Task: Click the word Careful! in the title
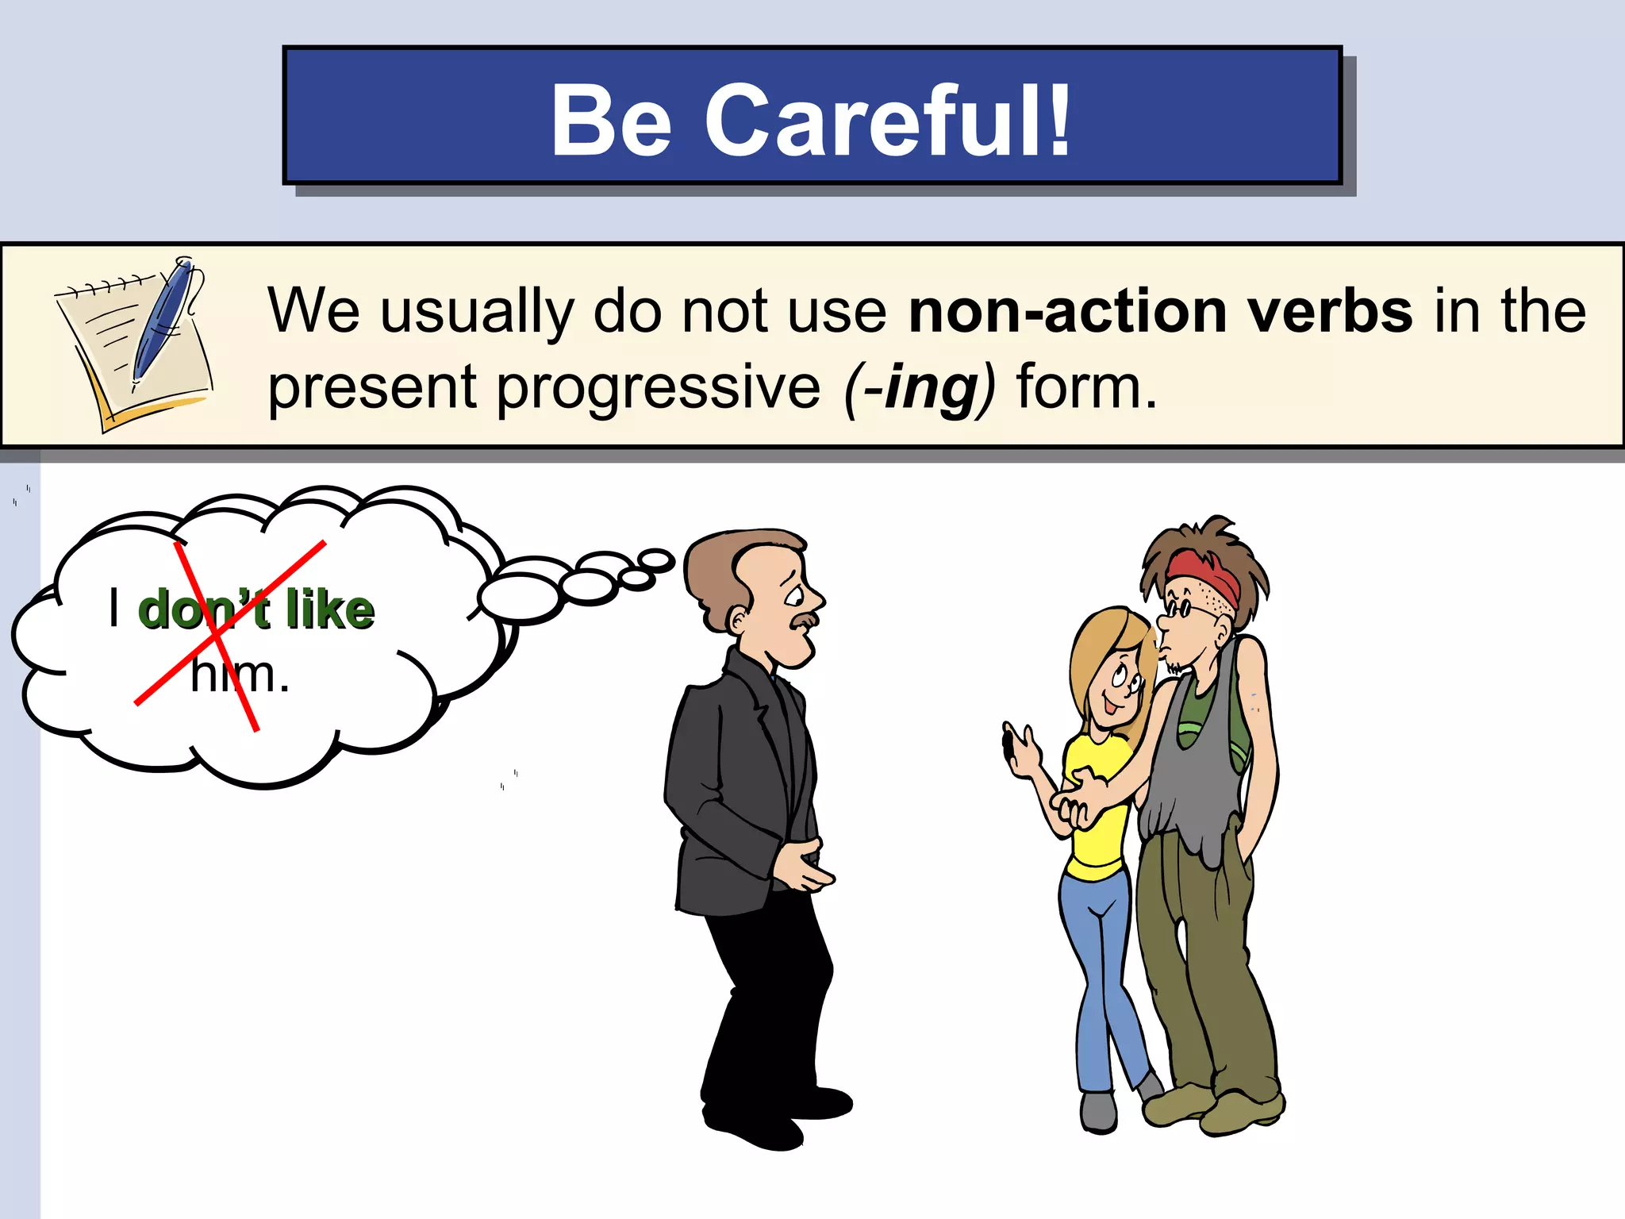pyautogui.click(x=889, y=121)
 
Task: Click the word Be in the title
pyautogui.click(x=612, y=121)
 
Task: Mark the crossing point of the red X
pyautogui.click(x=216, y=635)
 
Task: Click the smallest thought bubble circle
pyautogui.click(x=658, y=560)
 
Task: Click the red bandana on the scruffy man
pyautogui.click(x=1203, y=575)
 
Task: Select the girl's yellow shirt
pyautogui.click(x=1099, y=825)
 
